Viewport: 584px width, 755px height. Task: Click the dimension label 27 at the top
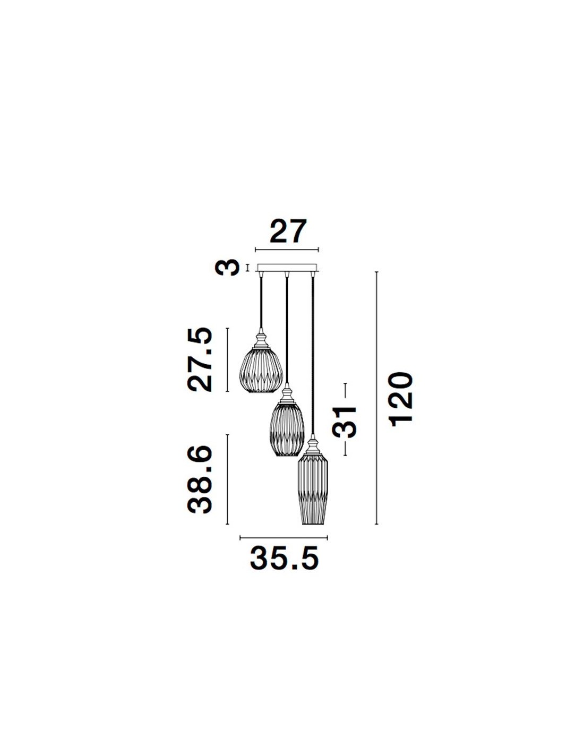288,231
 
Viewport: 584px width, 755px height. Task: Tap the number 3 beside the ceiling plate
228,268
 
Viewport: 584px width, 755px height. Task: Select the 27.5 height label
200,359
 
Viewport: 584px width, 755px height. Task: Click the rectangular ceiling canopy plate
287,268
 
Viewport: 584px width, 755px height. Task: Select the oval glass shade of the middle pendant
287,430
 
